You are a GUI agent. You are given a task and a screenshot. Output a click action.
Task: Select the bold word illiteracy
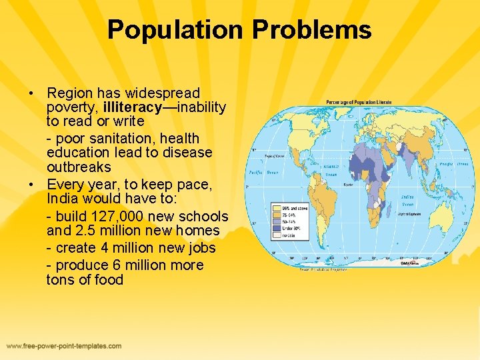[128, 107]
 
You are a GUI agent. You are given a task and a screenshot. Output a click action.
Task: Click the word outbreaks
[79, 167]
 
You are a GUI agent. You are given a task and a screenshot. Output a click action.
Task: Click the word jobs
[198, 248]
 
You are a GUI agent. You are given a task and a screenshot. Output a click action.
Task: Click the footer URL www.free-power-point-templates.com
[65, 346]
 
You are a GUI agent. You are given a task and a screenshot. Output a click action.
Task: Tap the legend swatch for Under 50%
[276, 228]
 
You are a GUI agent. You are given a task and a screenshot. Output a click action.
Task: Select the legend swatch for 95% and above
[276, 207]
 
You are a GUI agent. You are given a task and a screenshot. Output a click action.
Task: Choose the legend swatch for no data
[276, 235]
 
